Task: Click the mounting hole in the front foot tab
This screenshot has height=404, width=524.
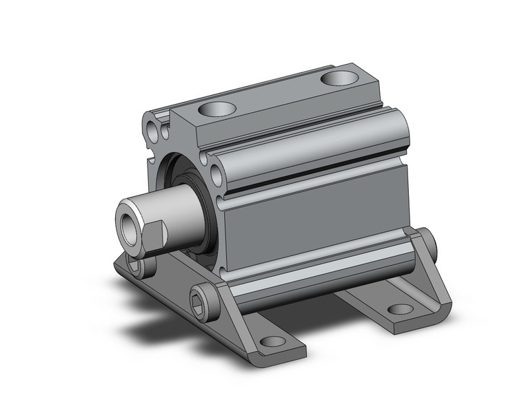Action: click(x=273, y=341)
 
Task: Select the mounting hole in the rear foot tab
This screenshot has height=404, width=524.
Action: click(x=400, y=308)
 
